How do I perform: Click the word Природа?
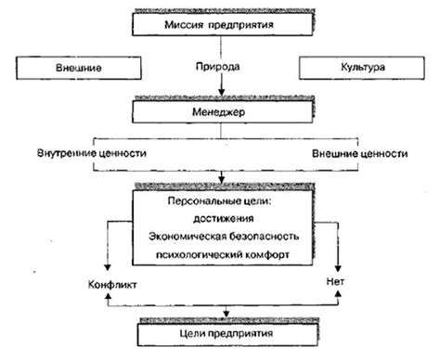[220, 69]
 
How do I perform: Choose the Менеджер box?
[220, 110]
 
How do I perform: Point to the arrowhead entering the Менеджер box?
[220, 95]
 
